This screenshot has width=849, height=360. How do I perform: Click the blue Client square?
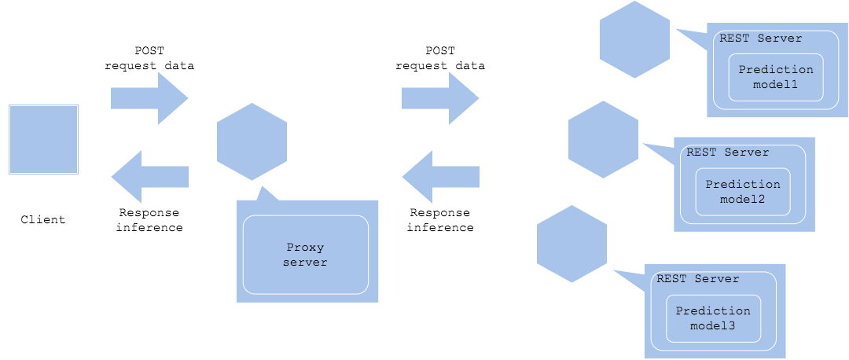click(x=43, y=139)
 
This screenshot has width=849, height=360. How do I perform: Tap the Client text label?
click(x=43, y=219)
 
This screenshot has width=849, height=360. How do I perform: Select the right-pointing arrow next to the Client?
click(x=149, y=98)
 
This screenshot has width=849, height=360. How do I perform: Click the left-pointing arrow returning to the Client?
click(x=149, y=177)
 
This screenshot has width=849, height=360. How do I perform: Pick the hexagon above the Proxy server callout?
click(x=252, y=141)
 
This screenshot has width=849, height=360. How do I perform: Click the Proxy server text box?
click(x=305, y=255)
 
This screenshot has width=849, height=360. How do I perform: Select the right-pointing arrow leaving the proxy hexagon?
click(x=440, y=98)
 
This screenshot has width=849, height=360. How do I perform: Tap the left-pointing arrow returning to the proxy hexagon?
click(x=440, y=177)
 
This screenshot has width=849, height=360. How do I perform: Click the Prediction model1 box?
click(x=776, y=77)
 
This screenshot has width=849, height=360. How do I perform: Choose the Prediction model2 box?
click(x=743, y=192)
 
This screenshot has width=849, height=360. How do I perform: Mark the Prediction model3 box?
click(x=713, y=318)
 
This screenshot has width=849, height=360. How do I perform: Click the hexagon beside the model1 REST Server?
click(x=635, y=39)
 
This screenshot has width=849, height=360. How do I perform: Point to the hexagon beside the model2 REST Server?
click(x=603, y=139)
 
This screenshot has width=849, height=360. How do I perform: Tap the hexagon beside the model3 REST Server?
click(x=572, y=244)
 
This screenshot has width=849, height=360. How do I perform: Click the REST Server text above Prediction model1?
click(x=761, y=38)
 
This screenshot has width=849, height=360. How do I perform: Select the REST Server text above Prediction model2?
click(x=728, y=152)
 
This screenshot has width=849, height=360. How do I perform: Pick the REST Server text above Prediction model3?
click(x=698, y=278)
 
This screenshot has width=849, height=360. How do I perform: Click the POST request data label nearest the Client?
click(x=149, y=58)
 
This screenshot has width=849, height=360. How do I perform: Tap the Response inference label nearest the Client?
click(x=149, y=220)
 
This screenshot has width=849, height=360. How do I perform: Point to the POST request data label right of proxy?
click(x=440, y=58)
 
